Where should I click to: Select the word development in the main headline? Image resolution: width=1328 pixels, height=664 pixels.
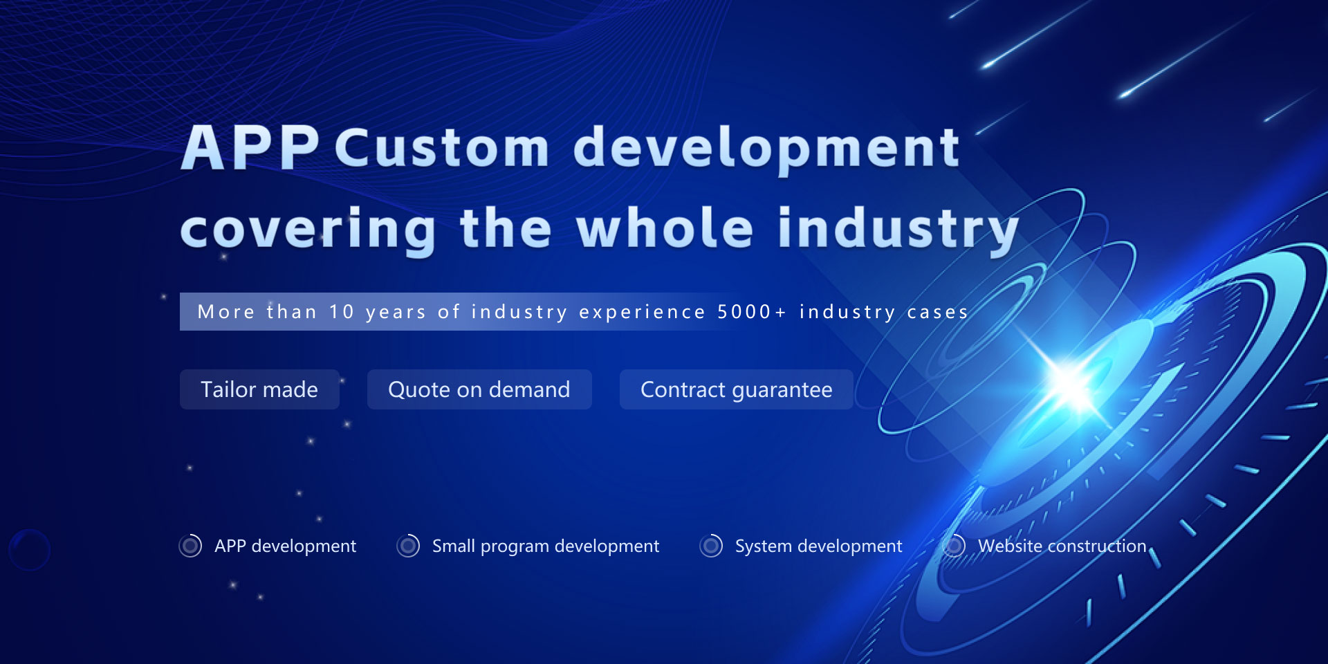(766, 149)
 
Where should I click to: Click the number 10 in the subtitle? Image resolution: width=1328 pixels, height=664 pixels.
(342, 312)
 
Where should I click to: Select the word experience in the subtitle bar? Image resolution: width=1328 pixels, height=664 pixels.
(643, 313)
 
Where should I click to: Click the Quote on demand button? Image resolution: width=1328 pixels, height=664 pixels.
(479, 389)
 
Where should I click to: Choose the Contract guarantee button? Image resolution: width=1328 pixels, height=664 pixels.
(737, 389)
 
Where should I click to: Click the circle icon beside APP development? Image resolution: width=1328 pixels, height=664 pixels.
(190, 546)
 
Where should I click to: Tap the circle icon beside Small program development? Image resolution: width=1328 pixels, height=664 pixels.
(408, 546)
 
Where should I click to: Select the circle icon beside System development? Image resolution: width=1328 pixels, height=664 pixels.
(711, 546)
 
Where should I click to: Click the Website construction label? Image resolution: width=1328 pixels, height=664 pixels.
(1062, 546)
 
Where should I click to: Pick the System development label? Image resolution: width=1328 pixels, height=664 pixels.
(819, 546)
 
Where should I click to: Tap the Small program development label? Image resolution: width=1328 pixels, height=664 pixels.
(546, 546)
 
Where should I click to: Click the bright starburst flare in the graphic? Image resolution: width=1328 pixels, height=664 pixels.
(1071, 384)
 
